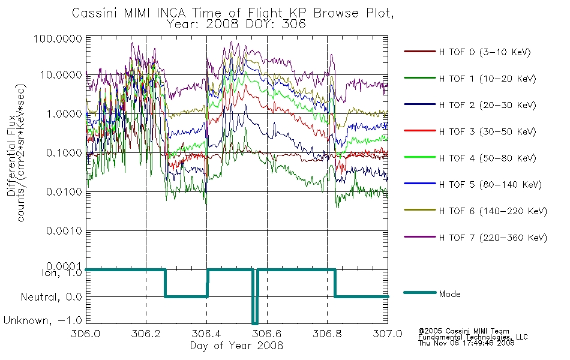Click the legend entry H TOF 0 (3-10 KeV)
pyautogui.click(x=485, y=52)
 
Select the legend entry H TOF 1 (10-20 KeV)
pyautogui.click(x=487, y=79)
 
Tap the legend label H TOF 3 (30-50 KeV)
pyautogui.click(x=487, y=131)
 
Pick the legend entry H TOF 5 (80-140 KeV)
pyautogui.click(x=490, y=185)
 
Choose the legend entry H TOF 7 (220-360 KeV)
pyautogui.click(x=493, y=238)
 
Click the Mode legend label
pyautogui.click(x=449, y=294)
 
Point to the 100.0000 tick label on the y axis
pyautogui.click(x=58, y=38)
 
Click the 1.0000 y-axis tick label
pyautogui.click(x=64, y=114)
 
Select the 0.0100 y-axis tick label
pyautogui.click(x=64, y=191)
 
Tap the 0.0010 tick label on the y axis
pyautogui.click(x=64, y=231)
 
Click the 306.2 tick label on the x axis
pyautogui.click(x=146, y=334)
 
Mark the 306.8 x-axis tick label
pyautogui.click(x=327, y=334)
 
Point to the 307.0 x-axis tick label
pyautogui.click(x=388, y=334)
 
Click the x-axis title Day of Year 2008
pyautogui.click(x=236, y=346)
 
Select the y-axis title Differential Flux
pyautogui.click(x=11, y=155)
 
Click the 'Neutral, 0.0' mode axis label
pyautogui.click(x=52, y=297)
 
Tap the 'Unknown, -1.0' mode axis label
pyautogui.click(x=43, y=320)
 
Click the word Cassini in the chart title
pyautogui.click(x=95, y=13)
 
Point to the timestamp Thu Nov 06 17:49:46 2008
pyautogui.click(x=466, y=343)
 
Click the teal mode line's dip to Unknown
pyautogui.click(x=255, y=323)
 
